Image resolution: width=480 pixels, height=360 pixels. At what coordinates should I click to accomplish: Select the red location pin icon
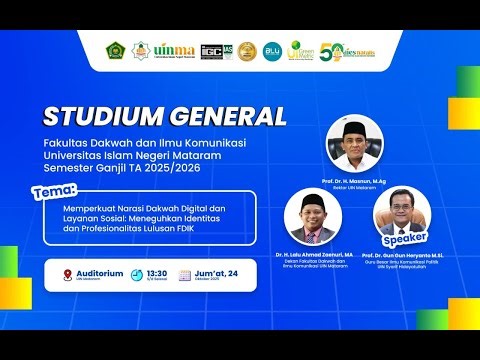click(x=68, y=275)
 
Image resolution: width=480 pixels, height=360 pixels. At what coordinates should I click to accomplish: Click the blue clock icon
click(x=135, y=275)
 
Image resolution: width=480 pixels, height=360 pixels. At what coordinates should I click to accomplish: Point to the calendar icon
click(x=184, y=275)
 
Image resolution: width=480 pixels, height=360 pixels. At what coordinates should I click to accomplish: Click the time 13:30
click(x=157, y=272)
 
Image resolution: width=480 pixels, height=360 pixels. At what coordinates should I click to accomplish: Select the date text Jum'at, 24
click(x=217, y=272)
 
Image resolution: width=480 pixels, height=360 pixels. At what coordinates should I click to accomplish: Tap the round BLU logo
click(x=272, y=51)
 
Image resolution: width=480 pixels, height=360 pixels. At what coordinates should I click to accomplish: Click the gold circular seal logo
click(x=247, y=51)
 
